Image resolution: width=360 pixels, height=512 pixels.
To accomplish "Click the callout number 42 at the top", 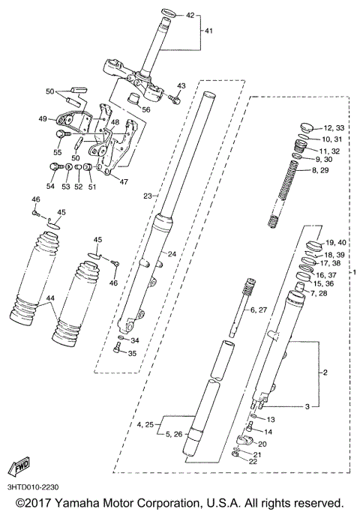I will click(189, 15).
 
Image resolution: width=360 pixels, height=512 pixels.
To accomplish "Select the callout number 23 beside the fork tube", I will click(148, 196).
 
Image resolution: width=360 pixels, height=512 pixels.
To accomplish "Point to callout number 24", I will click(172, 253).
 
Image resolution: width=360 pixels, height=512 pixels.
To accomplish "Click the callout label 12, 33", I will click(334, 128).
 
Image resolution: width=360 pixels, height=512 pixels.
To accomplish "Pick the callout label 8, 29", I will click(330, 171).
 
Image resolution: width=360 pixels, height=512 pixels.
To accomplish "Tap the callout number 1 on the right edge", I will click(355, 271).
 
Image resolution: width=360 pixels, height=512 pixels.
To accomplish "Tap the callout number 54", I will click(51, 186).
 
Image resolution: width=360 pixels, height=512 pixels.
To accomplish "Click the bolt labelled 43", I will click(174, 98).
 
